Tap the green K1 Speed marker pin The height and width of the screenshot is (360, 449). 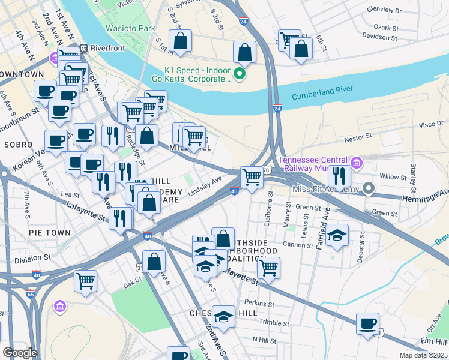pos(240,74)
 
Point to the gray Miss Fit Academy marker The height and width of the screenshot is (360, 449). pos(369,190)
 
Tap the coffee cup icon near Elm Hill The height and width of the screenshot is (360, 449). pos(367,323)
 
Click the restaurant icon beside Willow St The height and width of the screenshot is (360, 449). pos(339,176)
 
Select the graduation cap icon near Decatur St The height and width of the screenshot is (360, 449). pos(338,236)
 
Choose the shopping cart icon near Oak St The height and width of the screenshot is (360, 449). pos(86,280)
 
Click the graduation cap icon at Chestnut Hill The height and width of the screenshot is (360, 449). pos(224,316)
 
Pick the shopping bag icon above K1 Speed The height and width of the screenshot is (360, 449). pos(245,52)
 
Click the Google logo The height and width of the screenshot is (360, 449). pos(20,352)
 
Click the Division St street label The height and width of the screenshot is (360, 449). pos(32,259)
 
